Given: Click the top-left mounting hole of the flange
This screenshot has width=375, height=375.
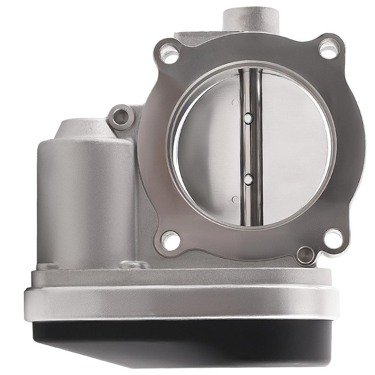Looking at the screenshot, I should click(169, 54).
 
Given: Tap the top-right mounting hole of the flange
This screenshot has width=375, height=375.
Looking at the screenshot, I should click(329, 48).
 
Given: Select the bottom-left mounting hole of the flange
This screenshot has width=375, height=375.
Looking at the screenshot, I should click(170, 240).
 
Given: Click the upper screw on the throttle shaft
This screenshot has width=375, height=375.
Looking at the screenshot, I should click(248, 118).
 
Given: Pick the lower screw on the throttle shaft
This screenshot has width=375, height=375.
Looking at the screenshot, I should click(248, 180).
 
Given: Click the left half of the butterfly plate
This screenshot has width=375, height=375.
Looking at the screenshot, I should click(208, 150).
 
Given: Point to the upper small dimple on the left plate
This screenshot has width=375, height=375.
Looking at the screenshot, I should click(235, 102).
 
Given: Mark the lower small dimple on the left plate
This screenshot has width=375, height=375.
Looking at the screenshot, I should click(235, 199).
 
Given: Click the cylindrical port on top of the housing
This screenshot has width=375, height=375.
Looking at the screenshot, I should click(251, 19).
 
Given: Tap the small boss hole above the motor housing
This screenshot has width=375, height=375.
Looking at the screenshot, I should click(121, 117).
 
